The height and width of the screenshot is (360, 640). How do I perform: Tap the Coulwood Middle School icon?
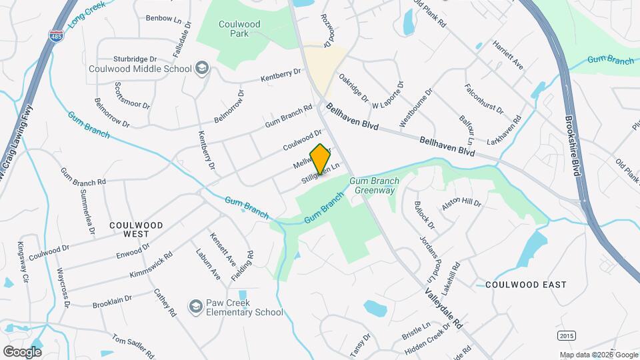(x=201, y=69)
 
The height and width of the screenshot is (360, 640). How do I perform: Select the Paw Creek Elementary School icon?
(x=197, y=307)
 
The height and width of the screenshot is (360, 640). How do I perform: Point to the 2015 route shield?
(x=567, y=335)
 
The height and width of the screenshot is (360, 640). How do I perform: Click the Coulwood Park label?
(x=238, y=29)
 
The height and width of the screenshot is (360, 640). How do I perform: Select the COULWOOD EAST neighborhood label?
(x=526, y=285)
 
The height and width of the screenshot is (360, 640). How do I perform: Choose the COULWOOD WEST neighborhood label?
(x=136, y=230)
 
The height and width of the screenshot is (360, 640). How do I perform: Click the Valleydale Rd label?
(x=443, y=307)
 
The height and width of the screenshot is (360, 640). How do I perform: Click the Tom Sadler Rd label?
(x=133, y=346)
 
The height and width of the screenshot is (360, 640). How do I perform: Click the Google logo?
(x=22, y=351)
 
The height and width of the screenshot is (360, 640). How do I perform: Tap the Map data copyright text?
(x=598, y=355)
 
